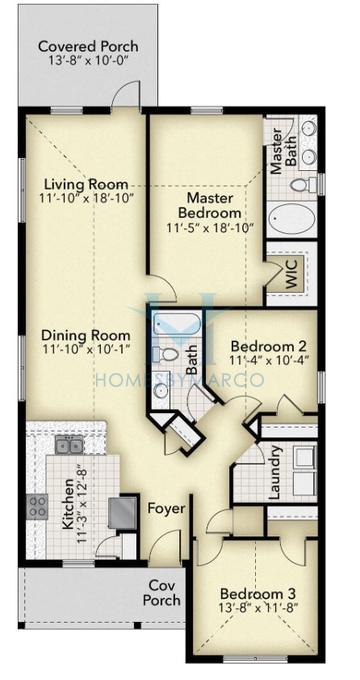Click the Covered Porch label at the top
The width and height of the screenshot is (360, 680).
88,46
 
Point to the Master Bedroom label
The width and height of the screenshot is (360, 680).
210,205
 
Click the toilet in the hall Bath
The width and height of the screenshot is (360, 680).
169,354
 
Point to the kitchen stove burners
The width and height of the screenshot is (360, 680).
38,505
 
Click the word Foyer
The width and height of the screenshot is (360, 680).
166,509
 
